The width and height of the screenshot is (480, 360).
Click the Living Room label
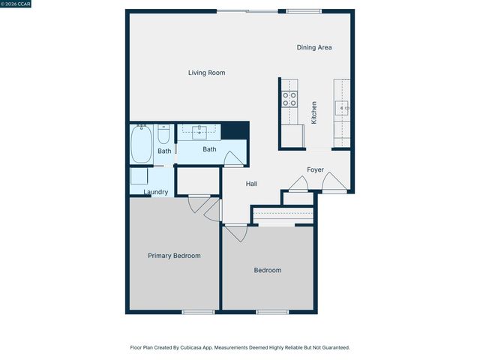pyautogui.click(x=206, y=73)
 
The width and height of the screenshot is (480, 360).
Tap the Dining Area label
pyautogui.click(x=314, y=47)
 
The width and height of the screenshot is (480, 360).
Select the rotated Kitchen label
pyautogui.click(x=314, y=112)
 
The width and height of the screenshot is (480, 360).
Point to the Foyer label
pyautogui.click(x=315, y=169)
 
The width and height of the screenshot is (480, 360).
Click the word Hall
pyautogui.click(x=252, y=184)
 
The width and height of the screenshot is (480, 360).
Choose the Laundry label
pyautogui.click(x=155, y=192)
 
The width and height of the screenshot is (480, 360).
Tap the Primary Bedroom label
pyautogui.click(x=174, y=256)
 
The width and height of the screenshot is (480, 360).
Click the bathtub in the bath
pyautogui.click(x=142, y=144)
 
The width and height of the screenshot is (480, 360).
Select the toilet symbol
pyautogui.click(x=163, y=136)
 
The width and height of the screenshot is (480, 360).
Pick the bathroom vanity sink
pyautogui.click(x=199, y=133)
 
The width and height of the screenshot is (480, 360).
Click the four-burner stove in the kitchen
pyautogui.click(x=289, y=100)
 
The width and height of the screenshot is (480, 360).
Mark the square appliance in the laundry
pyautogui.click(x=139, y=176)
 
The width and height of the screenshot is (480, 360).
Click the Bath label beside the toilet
pyautogui.click(x=163, y=151)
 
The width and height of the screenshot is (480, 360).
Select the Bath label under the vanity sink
pyautogui.click(x=209, y=149)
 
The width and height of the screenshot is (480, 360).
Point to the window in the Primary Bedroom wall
pyautogui.click(x=198, y=312)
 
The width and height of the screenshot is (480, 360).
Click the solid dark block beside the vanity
pyautogui.click(x=235, y=130)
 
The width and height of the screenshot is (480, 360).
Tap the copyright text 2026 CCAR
pyautogui.click(x=17, y=4)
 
